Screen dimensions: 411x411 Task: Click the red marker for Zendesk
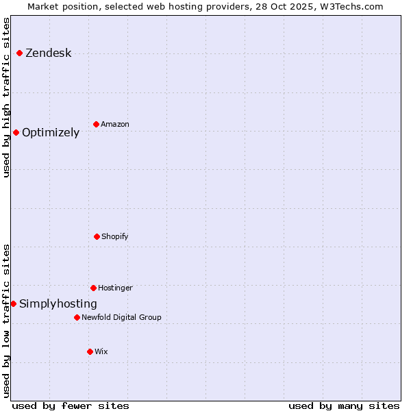pos(19,53)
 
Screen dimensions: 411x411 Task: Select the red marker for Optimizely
pos(16,132)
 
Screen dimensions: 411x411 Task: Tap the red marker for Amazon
pos(96,124)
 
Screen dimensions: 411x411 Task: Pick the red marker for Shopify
pos(97,236)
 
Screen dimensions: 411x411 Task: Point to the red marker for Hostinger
pos(93,288)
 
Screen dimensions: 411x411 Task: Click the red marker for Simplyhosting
pos(13,303)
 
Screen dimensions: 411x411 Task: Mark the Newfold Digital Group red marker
pos(77,317)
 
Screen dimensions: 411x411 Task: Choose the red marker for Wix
pos(90,351)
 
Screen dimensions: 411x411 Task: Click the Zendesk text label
pos(48,53)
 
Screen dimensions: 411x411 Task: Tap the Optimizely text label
pos(51,133)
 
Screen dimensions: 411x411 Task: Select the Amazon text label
pos(115,125)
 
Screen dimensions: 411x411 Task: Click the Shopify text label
pos(115,237)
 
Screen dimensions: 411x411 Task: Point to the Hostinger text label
pos(115,288)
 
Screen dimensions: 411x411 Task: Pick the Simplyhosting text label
pos(58,304)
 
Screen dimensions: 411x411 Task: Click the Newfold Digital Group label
pos(121,318)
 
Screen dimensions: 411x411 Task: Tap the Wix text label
pos(101,352)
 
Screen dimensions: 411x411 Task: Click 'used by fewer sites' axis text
pos(71,406)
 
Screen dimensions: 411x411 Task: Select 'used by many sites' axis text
pos(344,406)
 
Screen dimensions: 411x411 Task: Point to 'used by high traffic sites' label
pos(6,97)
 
